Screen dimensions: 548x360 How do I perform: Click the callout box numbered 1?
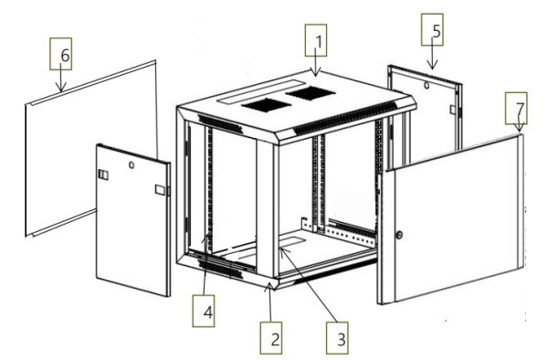click(316, 40)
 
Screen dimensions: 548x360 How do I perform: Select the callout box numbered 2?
click(271, 338)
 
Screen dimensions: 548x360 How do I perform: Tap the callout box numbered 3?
click(337, 338)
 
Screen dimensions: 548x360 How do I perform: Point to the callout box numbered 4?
click(204, 311)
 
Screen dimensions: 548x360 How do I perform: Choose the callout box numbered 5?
click(432, 30)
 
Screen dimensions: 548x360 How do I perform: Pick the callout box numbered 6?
click(61, 54)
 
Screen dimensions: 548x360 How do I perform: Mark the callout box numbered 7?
click(516, 108)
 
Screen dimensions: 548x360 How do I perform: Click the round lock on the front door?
click(399, 235)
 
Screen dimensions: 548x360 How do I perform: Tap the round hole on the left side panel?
click(132, 164)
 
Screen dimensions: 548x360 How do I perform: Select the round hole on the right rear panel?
click(427, 85)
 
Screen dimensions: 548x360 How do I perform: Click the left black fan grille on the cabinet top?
click(267, 105)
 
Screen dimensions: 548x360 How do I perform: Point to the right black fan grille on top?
click(311, 93)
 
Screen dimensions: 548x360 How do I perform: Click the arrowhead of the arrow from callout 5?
click(432, 66)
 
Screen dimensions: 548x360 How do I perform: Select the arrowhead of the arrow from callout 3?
click(282, 251)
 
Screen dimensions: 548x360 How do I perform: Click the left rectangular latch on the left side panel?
click(103, 175)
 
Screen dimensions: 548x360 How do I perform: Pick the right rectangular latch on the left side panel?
click(160, 189)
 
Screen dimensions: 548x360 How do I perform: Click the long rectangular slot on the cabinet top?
click(261, 91)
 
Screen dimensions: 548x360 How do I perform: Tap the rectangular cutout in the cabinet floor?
click(291, 242)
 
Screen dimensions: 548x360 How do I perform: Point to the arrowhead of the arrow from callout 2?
click(269, 286)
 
